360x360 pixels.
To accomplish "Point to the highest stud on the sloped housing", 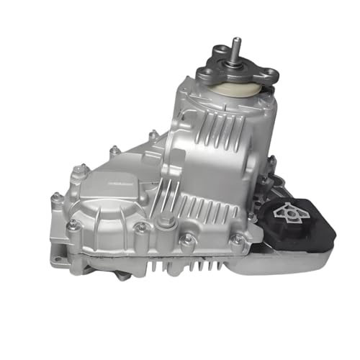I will point(153,135).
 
